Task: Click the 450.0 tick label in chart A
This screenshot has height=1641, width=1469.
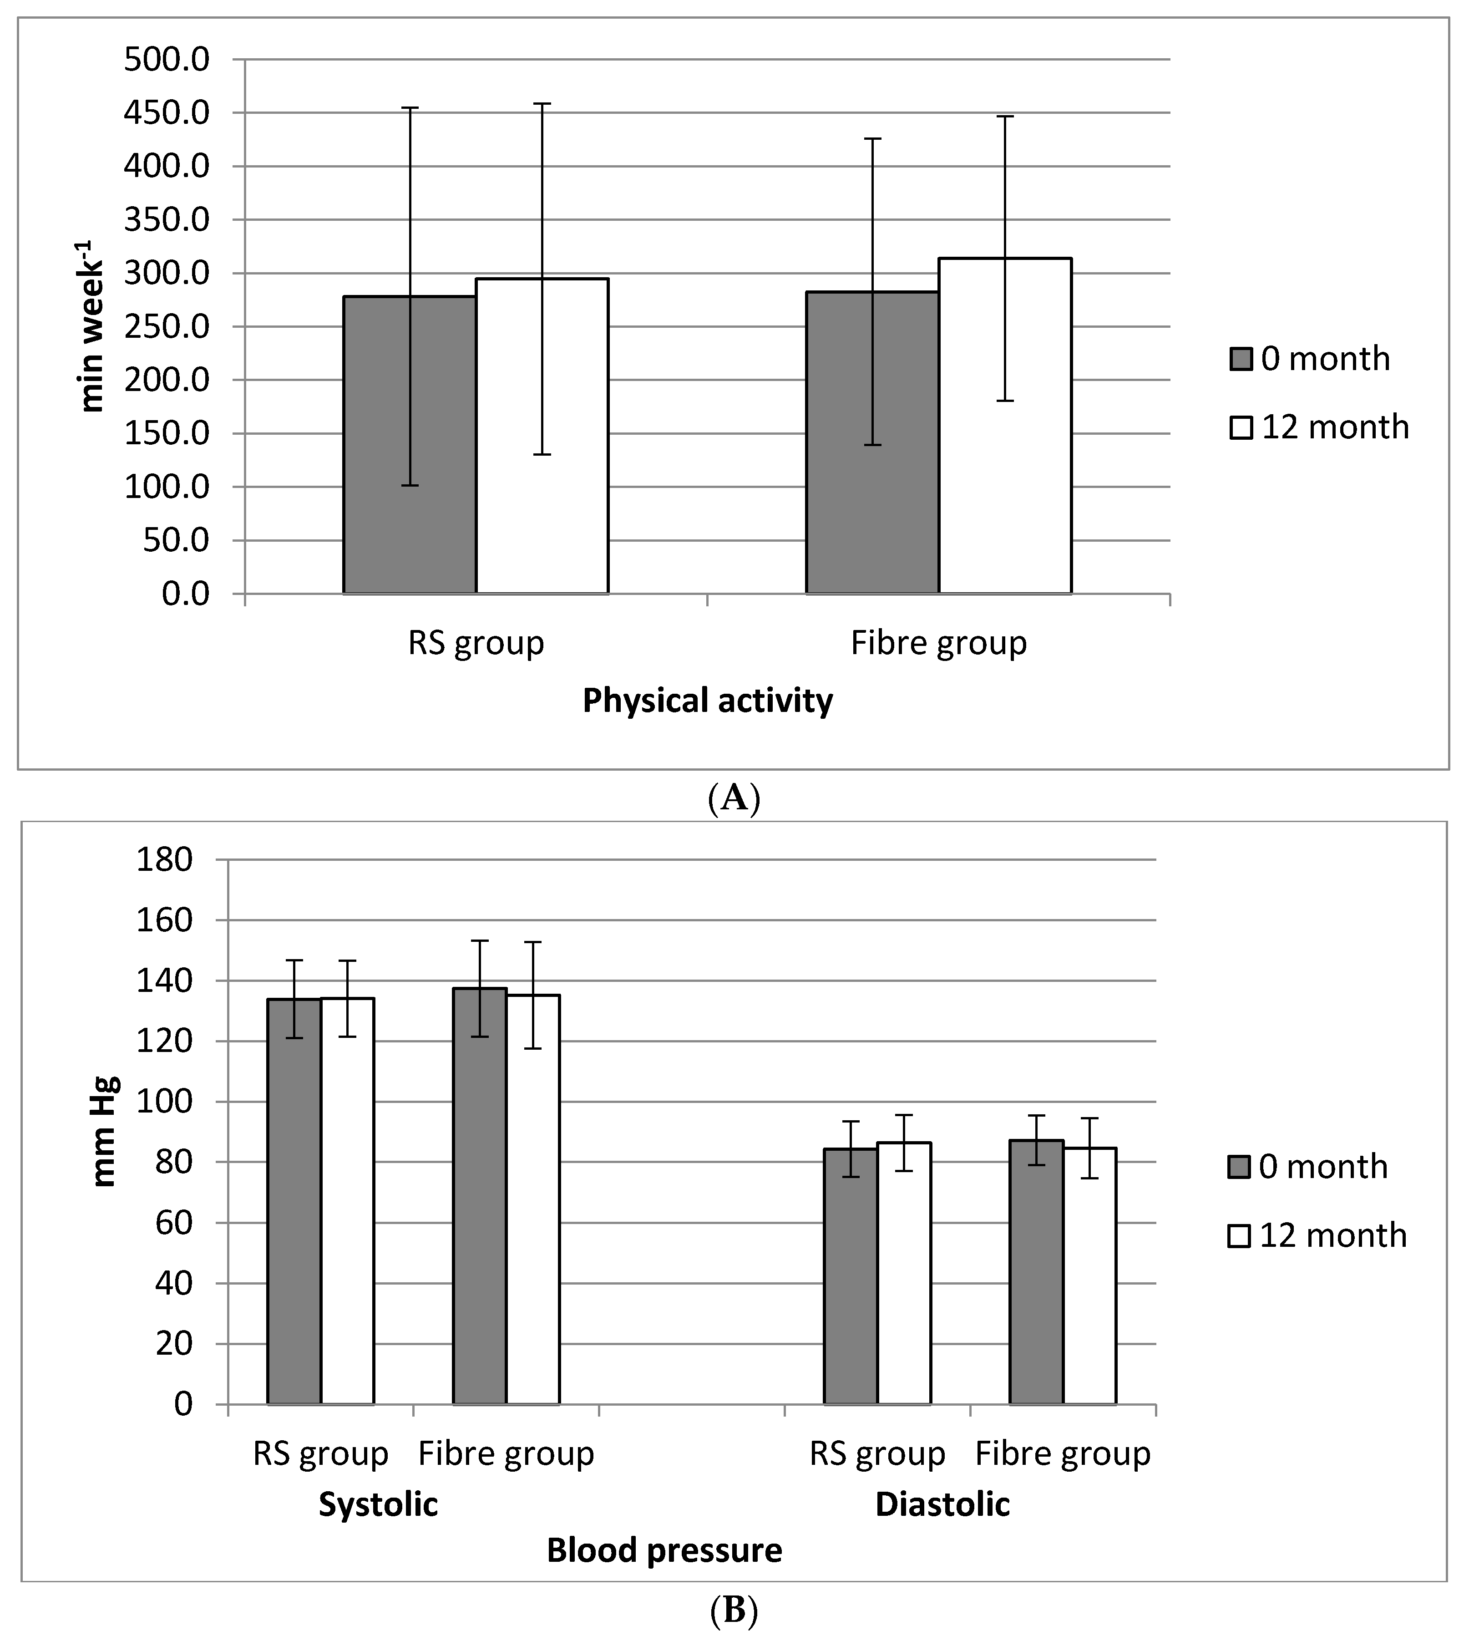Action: tap(166, 113)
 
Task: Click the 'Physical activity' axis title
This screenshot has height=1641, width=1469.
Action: tap(707, 701)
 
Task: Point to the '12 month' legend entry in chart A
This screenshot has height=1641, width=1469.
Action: tap(1320, 427)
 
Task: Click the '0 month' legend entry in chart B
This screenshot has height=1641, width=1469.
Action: tap(1307, 1167)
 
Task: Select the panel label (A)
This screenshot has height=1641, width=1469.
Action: tap(733, 798)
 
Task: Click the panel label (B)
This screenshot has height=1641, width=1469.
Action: tap(733, 1611)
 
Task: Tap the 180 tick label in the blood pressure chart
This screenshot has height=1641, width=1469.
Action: tap(165, 860)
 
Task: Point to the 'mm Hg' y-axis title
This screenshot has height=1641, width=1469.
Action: tap(105, 1130)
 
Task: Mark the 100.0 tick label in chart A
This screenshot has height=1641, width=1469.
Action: tap(166, 487)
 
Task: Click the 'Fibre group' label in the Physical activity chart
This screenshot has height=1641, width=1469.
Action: tap(939, 643)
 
